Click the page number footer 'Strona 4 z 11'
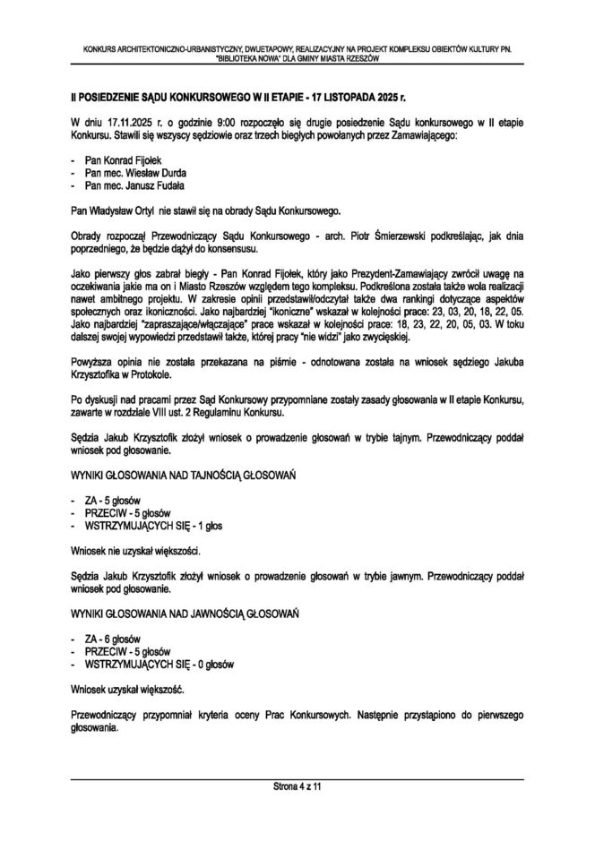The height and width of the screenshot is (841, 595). click(297, 786)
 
